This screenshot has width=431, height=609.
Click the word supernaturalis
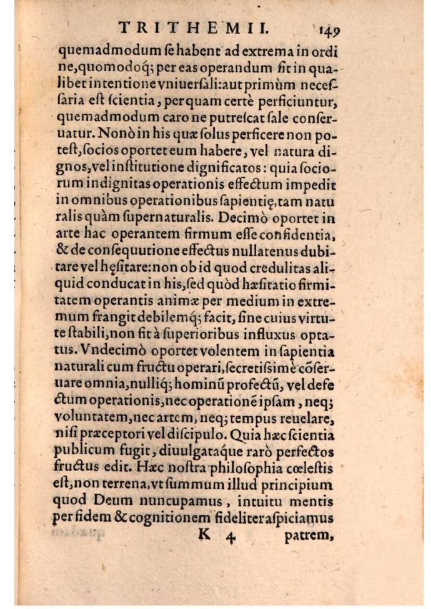(x=171, y=202)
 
